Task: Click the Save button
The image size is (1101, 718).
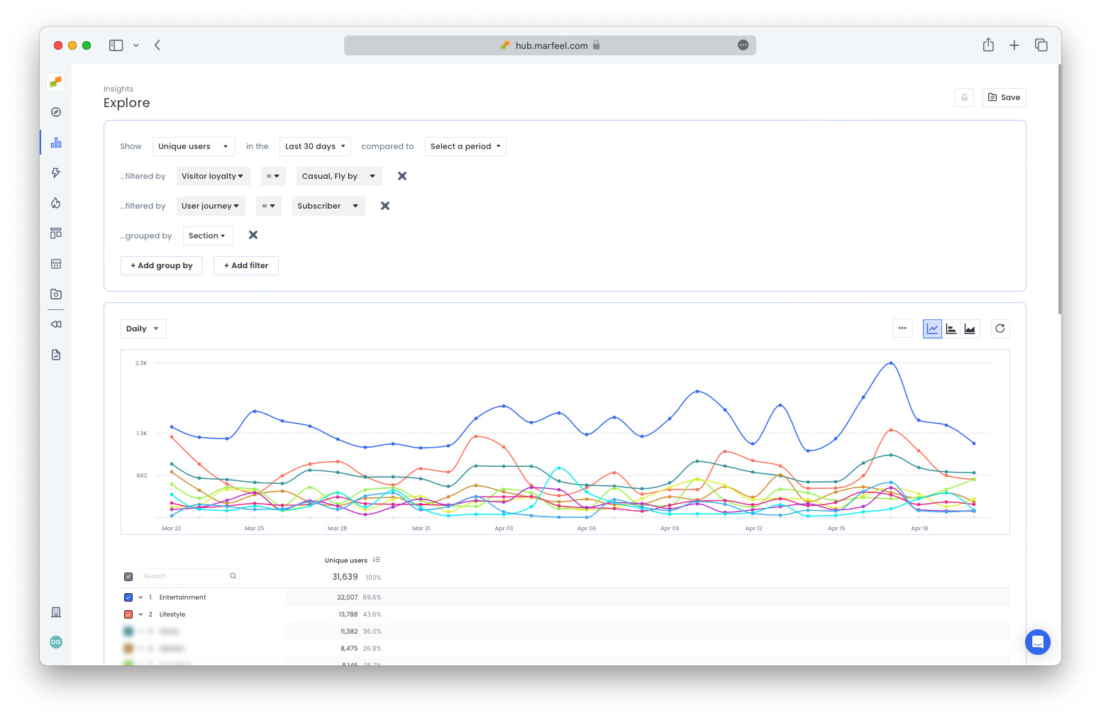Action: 1004,97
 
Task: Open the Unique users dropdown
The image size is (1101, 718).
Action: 193,146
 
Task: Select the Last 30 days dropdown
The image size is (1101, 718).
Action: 315,146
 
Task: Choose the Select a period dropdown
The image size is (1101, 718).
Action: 465,146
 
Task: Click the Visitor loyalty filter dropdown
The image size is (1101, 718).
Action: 213,176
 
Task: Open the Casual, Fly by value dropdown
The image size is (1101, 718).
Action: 338,176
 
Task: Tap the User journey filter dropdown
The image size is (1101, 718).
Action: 210,206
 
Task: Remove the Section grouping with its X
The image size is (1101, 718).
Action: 253,235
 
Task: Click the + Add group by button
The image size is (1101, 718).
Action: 162,265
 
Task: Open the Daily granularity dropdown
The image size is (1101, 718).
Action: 143,328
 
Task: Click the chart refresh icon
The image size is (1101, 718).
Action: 1000,328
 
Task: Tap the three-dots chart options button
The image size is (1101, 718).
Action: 902,328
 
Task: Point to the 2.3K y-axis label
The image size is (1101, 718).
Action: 141,363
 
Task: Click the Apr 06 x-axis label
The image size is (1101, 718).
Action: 587,529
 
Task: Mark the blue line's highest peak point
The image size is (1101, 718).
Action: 891,363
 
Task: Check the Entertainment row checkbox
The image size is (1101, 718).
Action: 128,597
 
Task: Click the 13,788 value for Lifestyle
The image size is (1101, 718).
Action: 348,614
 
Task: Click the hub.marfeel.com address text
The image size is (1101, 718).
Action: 551,45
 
